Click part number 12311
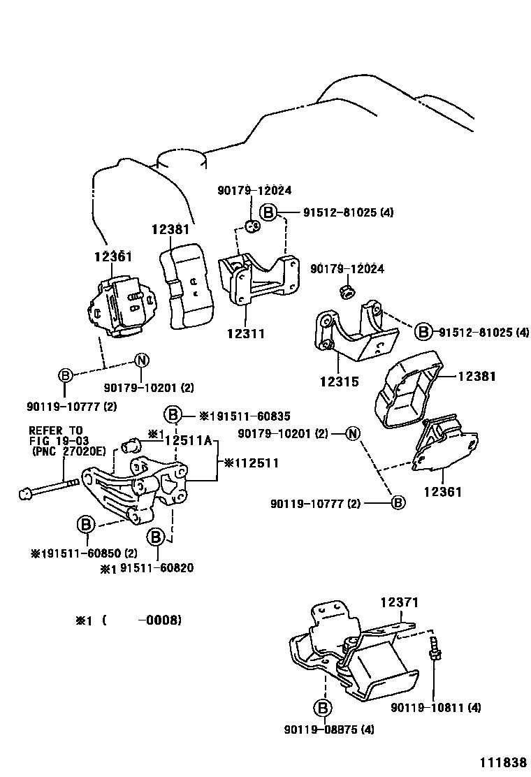pos(246,333)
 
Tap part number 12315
pos(340,382)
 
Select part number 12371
pos(399,602)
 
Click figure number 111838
pos(502,762)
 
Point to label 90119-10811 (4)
pos(436,708)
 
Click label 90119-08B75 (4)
pos(329,729)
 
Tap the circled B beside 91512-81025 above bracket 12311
pos(268,212)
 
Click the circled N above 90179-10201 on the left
pos(142,361)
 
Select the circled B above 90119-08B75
pos(323,708)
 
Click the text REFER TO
pos(55,430)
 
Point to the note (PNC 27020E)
pos(68,451)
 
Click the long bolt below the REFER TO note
pos(49,488)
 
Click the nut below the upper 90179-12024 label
pos(254,226)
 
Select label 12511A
pos(188,440)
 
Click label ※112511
pos(252,463)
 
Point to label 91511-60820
pos(157,568)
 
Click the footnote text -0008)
pos(159,620)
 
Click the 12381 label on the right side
pos(477,376)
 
